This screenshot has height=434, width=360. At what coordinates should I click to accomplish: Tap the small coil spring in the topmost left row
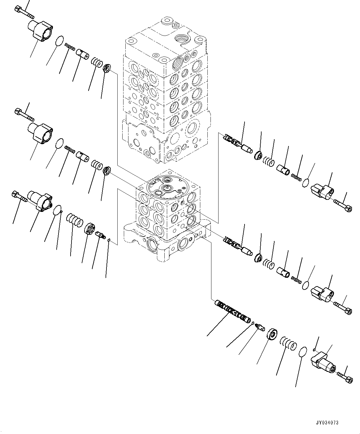(x=70, y=47)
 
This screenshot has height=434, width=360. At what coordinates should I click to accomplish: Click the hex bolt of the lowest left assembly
(x=19, y=197)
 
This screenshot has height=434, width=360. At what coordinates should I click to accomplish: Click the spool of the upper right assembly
(x=236, y=142)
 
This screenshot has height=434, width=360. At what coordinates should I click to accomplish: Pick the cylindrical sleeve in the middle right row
(x=283, y=272)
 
